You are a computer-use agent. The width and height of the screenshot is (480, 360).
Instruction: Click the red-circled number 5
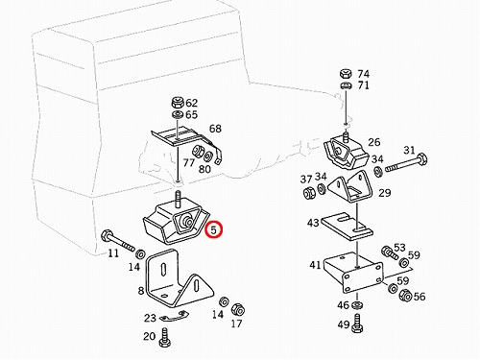(x=214, y=229)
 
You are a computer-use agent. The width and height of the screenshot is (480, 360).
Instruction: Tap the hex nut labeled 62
(x=178, y=103)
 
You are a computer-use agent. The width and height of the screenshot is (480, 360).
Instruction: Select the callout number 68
(x=215, y=129)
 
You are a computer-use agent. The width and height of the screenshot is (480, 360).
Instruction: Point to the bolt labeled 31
(x=406, y=163)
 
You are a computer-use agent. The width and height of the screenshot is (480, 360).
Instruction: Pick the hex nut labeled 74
(x=346, y=74)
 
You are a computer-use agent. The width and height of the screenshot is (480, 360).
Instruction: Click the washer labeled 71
(x=346, y=85)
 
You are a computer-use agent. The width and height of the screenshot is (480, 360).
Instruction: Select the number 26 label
(x=374, y=142)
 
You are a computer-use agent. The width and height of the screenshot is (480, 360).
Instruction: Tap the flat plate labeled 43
(x=348, y=227)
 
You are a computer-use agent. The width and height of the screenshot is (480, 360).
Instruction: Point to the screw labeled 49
(x=357, y=323)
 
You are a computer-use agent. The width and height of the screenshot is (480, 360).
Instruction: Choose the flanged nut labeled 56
(x=405, y=295)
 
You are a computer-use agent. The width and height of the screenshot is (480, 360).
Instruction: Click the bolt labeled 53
(x=390, y=252)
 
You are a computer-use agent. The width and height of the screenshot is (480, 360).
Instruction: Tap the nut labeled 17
(x=238, y=310)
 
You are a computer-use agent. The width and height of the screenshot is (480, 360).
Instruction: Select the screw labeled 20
(x=165, y=338)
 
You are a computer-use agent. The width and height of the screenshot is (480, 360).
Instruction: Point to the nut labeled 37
(x=309, y=192)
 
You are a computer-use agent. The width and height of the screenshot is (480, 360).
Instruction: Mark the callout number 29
(x=384, y=193)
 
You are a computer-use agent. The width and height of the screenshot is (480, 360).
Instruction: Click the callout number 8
(x=141, y=291)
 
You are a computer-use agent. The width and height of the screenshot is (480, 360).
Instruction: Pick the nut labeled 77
(x=197, y=151)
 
